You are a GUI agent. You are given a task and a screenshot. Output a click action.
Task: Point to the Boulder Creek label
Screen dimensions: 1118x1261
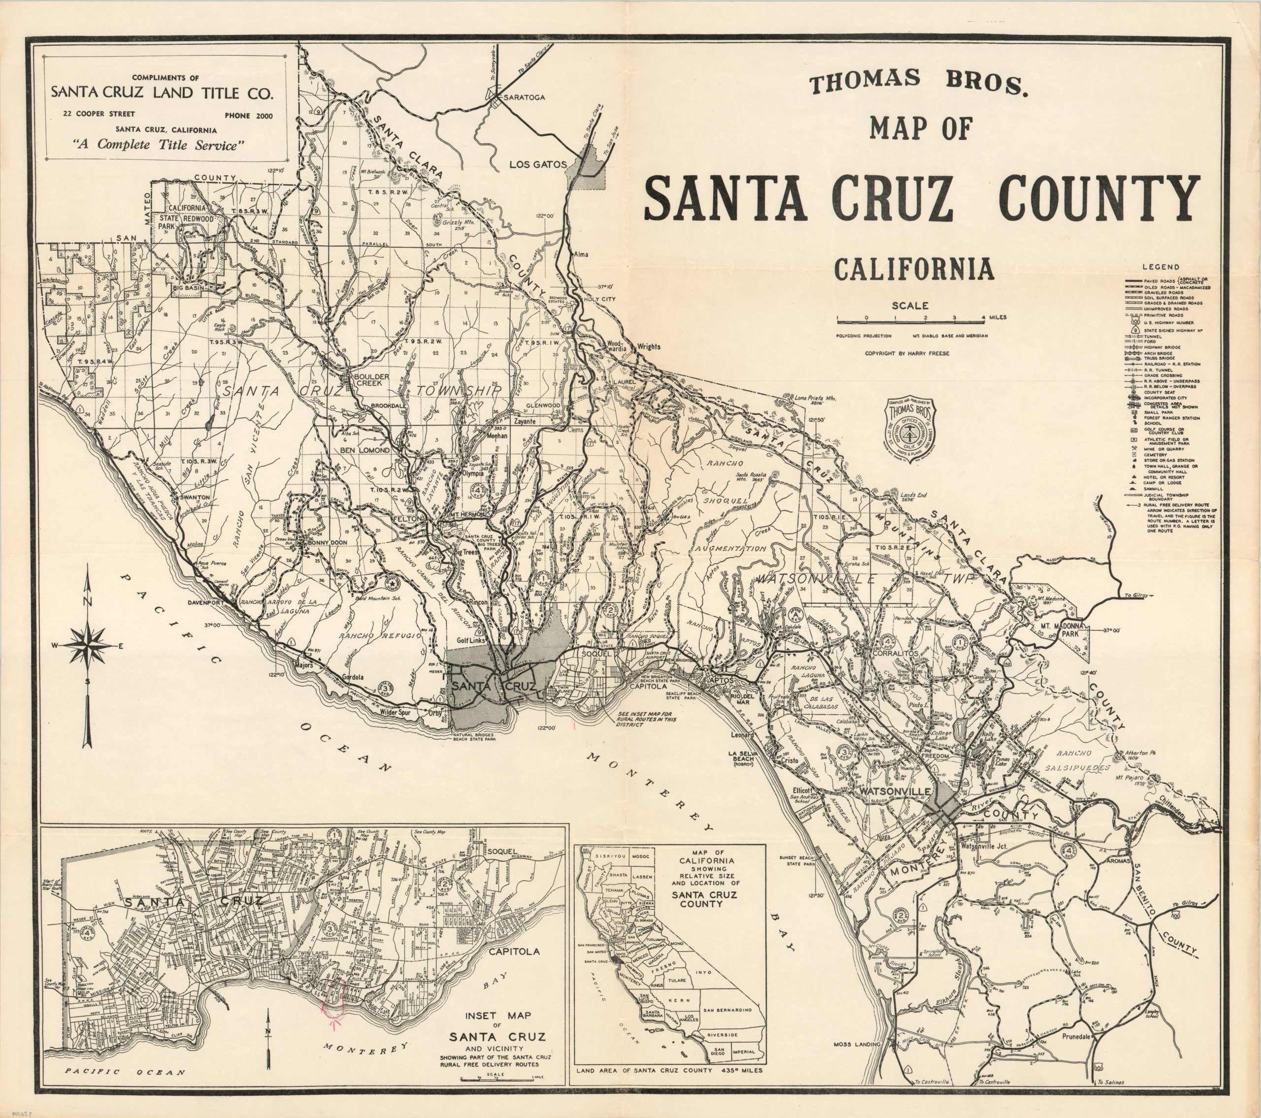coord(370,379)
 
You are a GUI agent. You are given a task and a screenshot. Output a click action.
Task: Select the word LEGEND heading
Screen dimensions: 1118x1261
coord(1161,267)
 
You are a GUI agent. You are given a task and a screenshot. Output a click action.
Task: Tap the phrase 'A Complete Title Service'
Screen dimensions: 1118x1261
coord(159,146)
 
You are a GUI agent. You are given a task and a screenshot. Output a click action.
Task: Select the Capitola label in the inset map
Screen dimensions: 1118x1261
coord(514,951)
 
